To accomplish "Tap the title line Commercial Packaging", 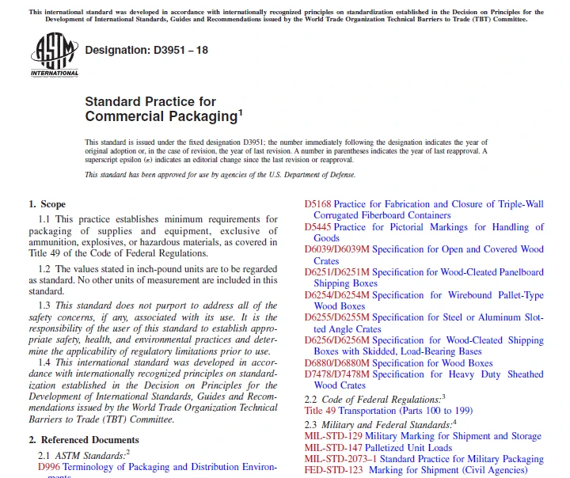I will click(161, 116).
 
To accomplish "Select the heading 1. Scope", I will click(47, 204).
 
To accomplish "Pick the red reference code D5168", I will click(318, 204).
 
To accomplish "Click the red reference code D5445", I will click(318, 227).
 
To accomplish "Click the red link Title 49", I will click(320, 411).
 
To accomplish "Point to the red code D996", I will click(48, 467).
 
